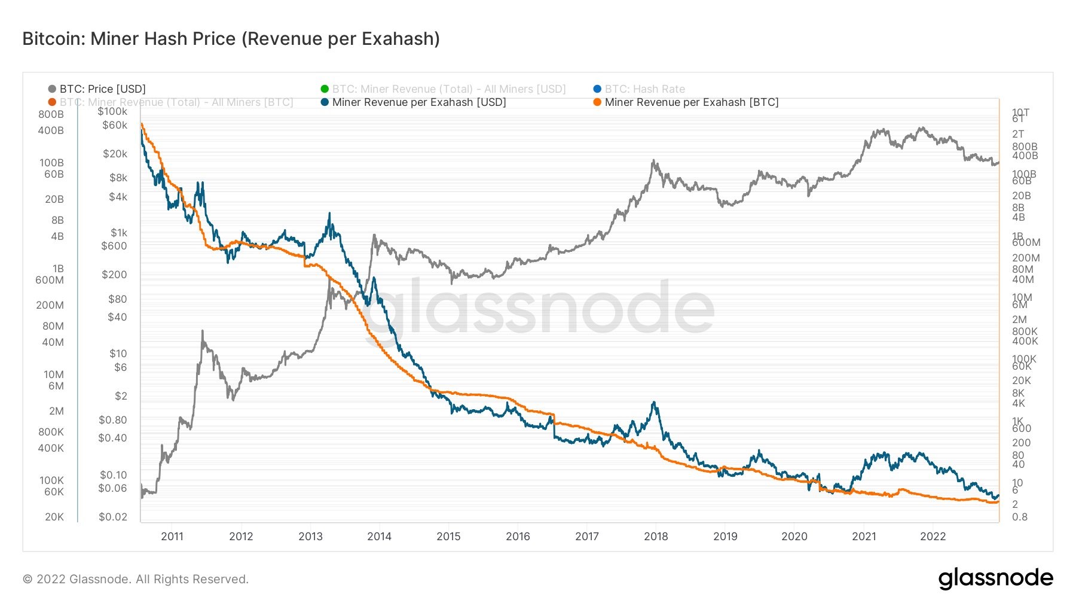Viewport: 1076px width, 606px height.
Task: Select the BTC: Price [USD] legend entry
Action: coord(102,89)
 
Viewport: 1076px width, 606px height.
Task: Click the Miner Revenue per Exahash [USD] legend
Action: coord(418,102)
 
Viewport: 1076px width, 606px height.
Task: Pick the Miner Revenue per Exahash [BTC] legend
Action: coord(691,102)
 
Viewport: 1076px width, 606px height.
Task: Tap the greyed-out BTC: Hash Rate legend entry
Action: coord(644,89)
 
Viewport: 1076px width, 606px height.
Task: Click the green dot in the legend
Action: coord(325,89)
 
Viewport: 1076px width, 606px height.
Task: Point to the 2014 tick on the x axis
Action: coord(379,536)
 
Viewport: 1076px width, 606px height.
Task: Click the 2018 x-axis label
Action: coord(656,536)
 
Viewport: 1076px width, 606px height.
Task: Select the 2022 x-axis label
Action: coord(933,536)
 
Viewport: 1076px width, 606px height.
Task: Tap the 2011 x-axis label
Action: coord(172,536)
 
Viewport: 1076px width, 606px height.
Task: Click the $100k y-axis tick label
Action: coord(112,111)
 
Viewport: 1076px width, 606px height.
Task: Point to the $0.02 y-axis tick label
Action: coord(113,517)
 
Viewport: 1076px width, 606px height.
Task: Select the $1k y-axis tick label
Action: coord(118,233)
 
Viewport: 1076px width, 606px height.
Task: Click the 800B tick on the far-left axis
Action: coord(51,114)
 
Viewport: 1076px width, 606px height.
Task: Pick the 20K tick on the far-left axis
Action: coord(54,517)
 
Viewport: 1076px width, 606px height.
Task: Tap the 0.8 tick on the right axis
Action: coord(1019,517)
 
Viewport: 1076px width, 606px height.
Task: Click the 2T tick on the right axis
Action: coord(1017,134)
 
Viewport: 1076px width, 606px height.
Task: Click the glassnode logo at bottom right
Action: coord(995,578)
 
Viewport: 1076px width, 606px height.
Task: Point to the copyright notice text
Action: coord(136,579)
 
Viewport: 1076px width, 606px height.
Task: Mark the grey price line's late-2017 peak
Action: coord(653,160)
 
